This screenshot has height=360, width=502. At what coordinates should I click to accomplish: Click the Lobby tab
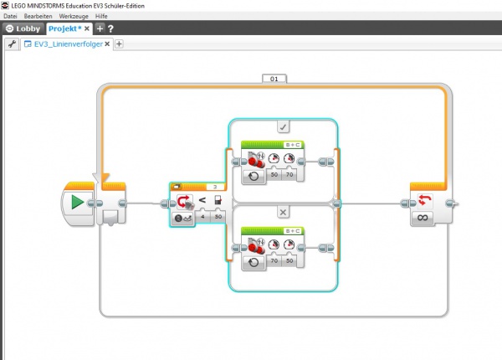(x=23, y=28)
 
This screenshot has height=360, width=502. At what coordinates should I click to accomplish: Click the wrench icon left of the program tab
(x=12, y=44)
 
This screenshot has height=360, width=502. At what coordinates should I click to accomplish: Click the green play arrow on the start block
(x=77, y=203)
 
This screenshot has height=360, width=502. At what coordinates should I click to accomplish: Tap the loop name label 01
(x=274, y=79)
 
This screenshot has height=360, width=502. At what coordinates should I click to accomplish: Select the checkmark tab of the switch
(x=283, y=126)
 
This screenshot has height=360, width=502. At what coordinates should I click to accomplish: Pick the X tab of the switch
(x=283, y=211)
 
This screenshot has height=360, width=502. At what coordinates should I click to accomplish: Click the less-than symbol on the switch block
(x=201, y=201)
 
